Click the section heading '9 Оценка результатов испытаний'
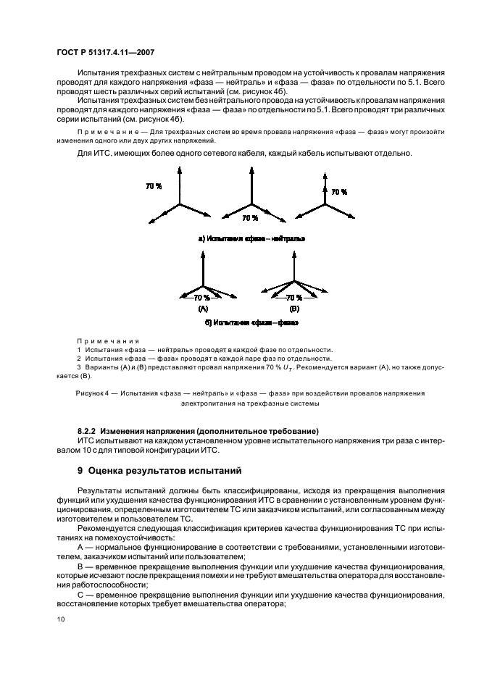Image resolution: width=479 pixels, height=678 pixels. [x=162, y=471]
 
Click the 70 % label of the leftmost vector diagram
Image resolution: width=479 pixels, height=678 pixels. [x=154, y=186]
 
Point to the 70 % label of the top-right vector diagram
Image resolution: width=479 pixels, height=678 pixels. [x=338, y=193]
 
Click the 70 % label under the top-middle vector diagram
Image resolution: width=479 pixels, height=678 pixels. [x=249, y=217]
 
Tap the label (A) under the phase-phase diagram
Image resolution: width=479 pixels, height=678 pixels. [x=203, y=308]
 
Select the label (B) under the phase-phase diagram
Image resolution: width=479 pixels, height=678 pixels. [x=293, y=308]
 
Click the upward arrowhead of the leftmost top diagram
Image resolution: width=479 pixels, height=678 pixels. [x=178, y=169]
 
